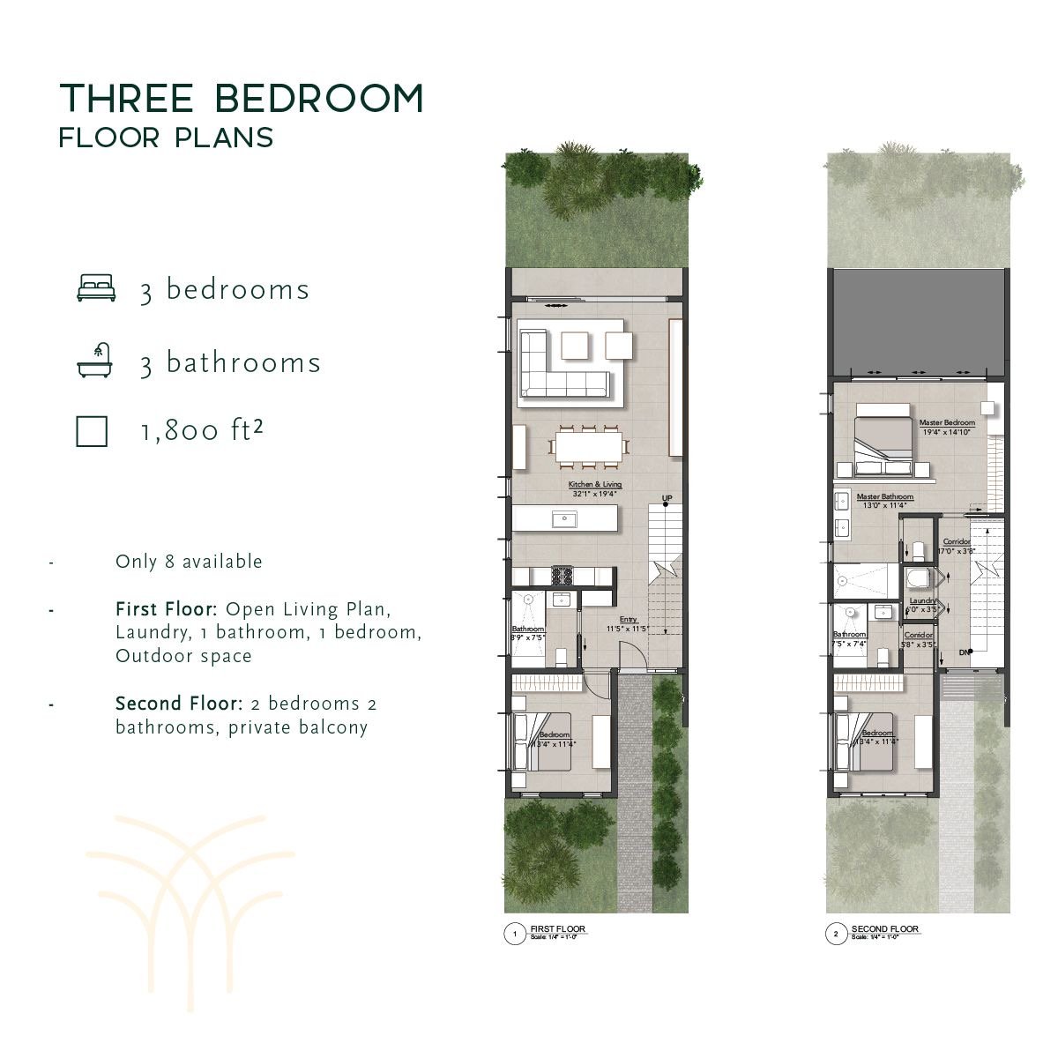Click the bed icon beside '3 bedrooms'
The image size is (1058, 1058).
(96, 288)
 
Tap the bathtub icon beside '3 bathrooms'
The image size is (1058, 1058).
(95, 361)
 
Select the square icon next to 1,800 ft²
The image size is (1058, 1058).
(92, 431)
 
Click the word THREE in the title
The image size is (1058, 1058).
(126, 98)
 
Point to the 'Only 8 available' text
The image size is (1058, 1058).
(189, 562)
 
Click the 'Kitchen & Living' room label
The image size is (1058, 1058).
(595, 484)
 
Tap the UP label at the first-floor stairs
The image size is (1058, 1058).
(667, 499)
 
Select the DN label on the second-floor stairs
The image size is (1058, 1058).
(965, 652)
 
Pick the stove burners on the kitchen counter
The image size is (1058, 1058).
(562, 576)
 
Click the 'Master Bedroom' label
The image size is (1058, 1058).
(947, 423)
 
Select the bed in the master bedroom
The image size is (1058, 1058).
(883, 438)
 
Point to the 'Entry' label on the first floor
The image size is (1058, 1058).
(628, 620)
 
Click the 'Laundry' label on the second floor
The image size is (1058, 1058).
(922, 600)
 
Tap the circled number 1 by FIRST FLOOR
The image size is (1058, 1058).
(514, 934)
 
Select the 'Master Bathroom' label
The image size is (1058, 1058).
(884, 497)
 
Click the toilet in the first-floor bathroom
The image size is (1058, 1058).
(561, 656)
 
